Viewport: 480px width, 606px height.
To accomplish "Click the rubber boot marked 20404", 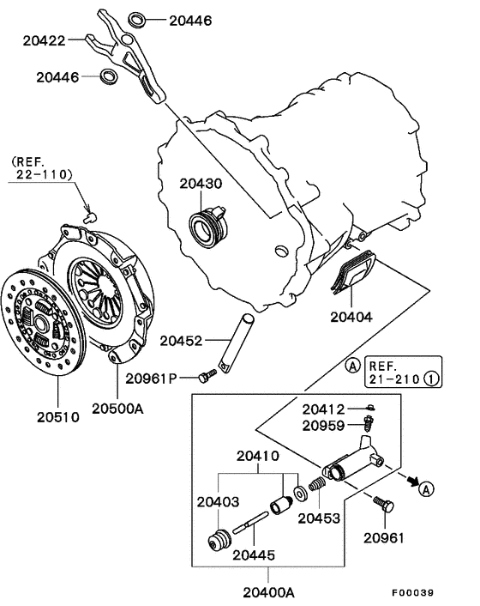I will [x=356, y=273].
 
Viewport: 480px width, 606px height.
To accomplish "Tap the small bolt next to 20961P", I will [x=206, y=376].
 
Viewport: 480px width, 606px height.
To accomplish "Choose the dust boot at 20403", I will [x=220, y=543].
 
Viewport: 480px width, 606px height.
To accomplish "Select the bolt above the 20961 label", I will [x=382, y=506].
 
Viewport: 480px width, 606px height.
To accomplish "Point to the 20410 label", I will [x=257, y=456].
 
